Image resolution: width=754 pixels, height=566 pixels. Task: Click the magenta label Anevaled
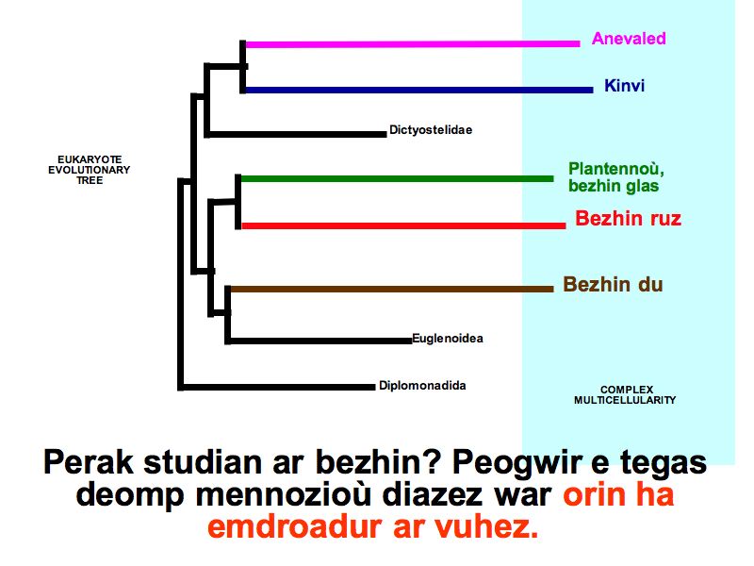(629, 39)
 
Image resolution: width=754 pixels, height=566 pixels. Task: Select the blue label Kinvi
(624, 86)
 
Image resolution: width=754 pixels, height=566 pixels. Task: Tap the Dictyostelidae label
(431, 130)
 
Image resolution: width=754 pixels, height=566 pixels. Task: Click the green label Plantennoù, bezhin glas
(616, 177)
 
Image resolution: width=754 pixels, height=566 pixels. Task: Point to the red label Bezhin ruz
(628, 219)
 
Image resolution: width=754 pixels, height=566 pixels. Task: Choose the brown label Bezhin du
(613, 285)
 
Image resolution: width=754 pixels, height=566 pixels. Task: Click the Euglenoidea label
(448, 339)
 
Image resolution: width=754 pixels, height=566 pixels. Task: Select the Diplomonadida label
(422, 386)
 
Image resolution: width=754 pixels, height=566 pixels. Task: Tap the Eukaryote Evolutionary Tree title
(89, 170)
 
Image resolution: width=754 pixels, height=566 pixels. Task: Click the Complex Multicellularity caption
(625, 394)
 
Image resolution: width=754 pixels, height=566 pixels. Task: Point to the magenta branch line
(413, 44)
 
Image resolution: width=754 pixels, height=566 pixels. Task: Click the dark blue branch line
(418, 90)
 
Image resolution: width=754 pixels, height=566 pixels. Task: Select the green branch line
(397, 179)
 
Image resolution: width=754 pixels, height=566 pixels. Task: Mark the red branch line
(403, 225)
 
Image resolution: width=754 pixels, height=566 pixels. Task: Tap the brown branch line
(392, 290)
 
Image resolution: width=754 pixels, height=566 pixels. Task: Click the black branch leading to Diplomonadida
(277, 387)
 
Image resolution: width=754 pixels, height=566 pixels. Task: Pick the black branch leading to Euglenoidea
(320, 341)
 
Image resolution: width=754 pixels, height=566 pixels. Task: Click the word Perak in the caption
(88, 462)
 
